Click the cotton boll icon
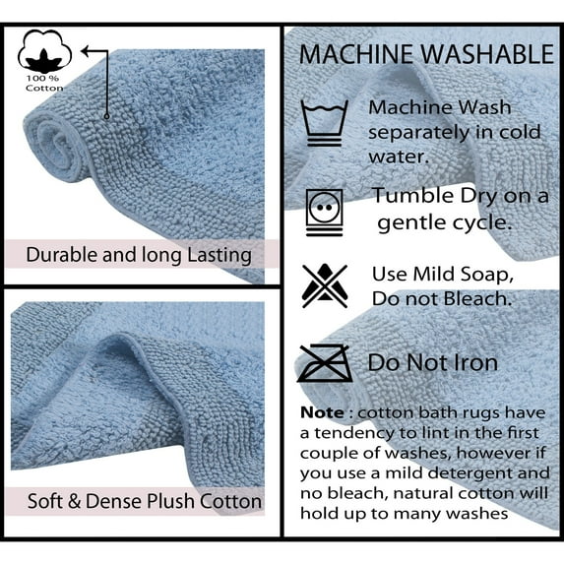click(44, 51)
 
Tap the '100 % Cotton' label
click(44, 84)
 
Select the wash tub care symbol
click(325, 123)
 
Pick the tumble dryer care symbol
click(325, 213)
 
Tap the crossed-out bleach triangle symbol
click(325, 286)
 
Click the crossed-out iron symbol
click(325, 363)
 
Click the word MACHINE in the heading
click(356, 55)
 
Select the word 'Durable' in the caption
click(61, 255)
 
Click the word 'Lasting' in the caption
click(219, 255)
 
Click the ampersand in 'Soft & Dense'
click(74, 501)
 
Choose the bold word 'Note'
click(322, 412)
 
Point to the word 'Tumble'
click(414, 196)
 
